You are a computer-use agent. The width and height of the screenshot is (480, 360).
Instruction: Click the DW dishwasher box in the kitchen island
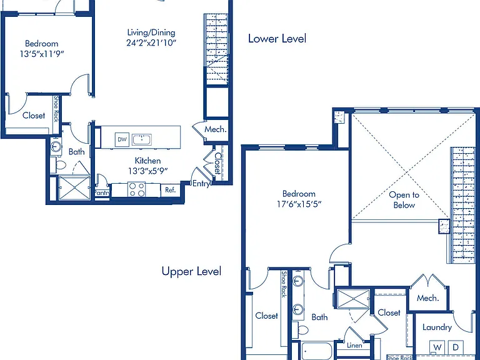(122, 139)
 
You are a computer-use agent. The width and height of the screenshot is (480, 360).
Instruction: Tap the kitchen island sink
(142, 139)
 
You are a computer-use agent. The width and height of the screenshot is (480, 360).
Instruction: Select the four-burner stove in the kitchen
(136, 189)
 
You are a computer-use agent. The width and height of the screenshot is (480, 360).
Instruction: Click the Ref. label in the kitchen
(171, 190)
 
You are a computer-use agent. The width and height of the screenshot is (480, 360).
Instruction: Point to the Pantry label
(102, 193)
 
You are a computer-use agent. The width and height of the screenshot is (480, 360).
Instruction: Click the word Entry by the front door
(201, 184)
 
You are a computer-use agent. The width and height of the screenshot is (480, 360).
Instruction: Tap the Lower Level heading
(277, 39)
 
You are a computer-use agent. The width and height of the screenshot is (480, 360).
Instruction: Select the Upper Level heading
(191, 271)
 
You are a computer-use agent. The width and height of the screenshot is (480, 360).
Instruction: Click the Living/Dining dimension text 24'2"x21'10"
(151, 42)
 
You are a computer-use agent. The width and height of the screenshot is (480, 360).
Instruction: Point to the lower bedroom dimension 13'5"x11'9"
(42, 54)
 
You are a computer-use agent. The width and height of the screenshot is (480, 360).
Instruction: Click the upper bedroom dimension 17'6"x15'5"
(299, 204)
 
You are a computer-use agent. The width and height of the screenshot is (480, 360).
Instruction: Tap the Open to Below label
(404, 200)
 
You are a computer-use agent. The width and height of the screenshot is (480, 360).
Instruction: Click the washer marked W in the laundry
(437, 347)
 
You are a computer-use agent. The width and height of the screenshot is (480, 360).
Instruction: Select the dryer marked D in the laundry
(456, 347)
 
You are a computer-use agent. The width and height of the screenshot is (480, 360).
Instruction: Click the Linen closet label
(354, 345)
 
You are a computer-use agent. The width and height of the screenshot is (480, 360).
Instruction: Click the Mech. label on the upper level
(428, 298)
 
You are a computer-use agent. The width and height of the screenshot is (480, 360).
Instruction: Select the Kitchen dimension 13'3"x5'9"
(148, 171)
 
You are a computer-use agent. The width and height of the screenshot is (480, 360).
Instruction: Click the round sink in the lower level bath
(56, 146)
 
